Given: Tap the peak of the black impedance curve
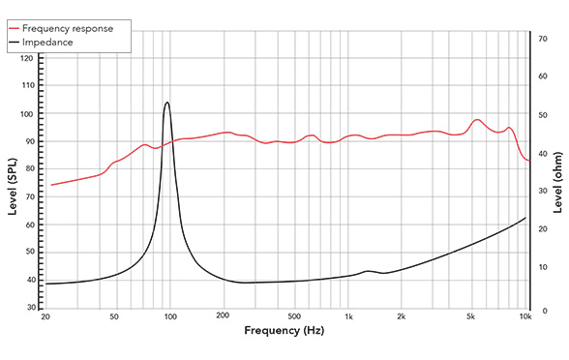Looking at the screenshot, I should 167,102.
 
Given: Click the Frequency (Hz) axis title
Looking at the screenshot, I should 285,331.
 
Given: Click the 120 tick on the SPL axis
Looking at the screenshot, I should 27,58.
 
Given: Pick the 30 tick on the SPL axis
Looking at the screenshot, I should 29,308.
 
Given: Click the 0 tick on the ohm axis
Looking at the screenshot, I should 542,311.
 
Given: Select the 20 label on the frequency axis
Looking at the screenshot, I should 45,317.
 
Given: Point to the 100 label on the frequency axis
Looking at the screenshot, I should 169,317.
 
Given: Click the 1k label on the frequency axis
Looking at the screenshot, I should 349,317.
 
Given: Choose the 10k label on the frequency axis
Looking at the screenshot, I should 525,317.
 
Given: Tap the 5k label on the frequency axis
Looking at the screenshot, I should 471,317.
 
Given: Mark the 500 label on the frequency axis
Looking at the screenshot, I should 294,317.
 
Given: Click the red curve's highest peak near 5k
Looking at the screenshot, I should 477,120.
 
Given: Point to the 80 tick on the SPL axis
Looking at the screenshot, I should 29,169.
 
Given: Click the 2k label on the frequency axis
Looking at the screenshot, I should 402,317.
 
